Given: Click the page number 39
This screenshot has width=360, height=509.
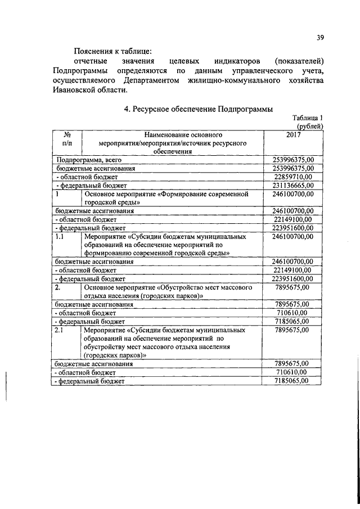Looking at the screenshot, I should [x=319, y=38].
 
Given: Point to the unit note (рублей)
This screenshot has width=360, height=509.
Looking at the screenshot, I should [x=309, y=127].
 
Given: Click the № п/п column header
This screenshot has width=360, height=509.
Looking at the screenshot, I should [x=67, y=140].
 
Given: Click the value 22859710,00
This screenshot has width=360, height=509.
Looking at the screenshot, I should [x=294, y=177].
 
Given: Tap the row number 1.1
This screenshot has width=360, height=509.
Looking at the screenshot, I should [x=60, y=237].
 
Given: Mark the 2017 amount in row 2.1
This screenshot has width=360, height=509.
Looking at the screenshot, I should [x=294, y=330].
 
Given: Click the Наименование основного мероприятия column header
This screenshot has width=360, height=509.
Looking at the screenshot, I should [x=172, y=144].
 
